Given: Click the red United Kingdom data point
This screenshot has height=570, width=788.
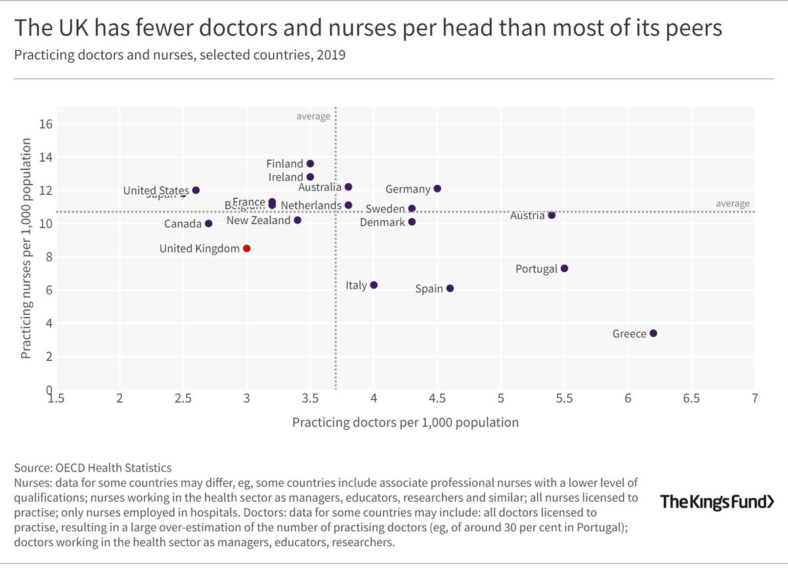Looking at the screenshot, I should (247, 249).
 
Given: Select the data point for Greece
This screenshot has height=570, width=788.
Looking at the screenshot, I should (653, 333).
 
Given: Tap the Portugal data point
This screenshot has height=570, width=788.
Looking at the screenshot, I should (564, 268).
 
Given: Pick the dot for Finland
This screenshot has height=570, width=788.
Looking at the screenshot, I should (310, 164).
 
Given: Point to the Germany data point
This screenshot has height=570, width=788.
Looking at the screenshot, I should (437, 189).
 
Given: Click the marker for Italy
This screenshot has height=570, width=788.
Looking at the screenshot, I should (374, 285).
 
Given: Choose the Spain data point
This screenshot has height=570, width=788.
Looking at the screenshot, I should (450, 289).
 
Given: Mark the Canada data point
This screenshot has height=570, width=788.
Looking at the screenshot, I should (208, 224).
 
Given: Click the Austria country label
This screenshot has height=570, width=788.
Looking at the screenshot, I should (527, 216).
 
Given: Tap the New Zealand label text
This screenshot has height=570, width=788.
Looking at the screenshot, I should (258, 220).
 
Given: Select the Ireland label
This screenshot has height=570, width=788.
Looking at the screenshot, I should (286, 178).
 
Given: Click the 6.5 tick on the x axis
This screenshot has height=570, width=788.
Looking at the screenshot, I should (691, 399).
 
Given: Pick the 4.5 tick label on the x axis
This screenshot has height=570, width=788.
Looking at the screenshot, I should (437, 399).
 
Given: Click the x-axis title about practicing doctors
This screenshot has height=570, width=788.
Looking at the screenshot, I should (405, 422).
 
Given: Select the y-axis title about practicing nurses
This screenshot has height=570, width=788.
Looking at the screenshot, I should (26, 249).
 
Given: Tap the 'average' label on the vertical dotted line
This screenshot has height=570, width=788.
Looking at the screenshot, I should (313, 116).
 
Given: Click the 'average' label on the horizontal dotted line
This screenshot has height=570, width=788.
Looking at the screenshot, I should (732, 204).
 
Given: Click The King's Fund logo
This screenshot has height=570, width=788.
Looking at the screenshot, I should (716, 502).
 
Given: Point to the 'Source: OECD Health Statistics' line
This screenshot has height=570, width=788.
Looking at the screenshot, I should (93, 468).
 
